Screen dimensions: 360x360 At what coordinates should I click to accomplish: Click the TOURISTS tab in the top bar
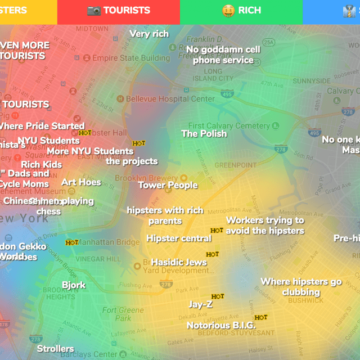pos(119,10)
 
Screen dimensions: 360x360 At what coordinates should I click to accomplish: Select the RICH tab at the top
pos(241,10)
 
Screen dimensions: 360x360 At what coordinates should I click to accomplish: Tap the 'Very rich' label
pos(149,34)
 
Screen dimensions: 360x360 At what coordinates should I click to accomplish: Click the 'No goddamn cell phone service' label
pos(223,55)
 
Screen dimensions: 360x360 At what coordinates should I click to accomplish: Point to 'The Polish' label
pos(204,134)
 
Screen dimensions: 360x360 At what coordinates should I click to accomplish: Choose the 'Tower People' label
pos(168,185)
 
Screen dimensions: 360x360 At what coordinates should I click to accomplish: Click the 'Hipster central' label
pos(179,238)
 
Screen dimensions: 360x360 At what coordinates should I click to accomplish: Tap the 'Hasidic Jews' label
pos(179,263)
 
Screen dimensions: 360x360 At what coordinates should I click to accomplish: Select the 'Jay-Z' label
pos(200,304)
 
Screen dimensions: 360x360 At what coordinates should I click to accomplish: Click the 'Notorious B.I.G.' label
pos(221,325)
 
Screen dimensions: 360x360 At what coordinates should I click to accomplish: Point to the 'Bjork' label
pos(74,285)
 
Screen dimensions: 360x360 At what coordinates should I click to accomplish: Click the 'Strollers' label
pos(55,349)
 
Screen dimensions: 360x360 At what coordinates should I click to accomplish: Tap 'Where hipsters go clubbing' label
pos(301,287)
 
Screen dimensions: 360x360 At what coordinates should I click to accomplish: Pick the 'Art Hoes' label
pos(81,182)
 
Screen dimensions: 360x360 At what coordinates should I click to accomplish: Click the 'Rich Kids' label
pos(41,165)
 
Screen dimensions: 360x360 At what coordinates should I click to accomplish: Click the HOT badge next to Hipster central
pos(217,230)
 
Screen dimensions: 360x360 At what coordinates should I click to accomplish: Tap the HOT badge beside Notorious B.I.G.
pos(260,317)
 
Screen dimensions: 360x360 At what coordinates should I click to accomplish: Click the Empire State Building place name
pos(130,58)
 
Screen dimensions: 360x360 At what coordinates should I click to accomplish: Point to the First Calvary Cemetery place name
pos(229,126)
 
